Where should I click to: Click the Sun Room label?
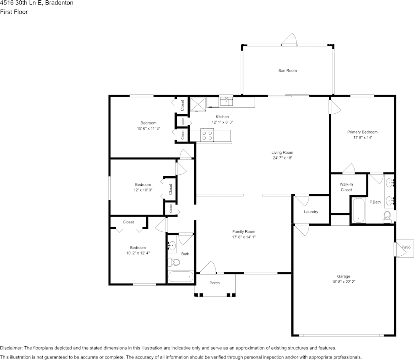[287, 71]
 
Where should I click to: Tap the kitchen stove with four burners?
[207, 135]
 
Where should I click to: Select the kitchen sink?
[227, 101]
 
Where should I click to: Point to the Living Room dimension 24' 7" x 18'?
[282, 158]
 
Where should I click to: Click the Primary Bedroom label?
[362, 132]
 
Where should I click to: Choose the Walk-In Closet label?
[346, 187]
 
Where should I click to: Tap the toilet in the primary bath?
[387, 217]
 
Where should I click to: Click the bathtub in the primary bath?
[359, 210]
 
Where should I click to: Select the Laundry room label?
[311, 212]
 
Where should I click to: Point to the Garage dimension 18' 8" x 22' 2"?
[344, 282]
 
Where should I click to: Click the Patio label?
[406, 247]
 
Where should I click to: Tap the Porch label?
[214, 283]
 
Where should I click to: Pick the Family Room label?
[244, 231]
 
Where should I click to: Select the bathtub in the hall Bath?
[181, 277]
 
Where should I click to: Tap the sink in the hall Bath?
[172, 246]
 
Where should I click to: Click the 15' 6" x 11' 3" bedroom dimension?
[149, 129]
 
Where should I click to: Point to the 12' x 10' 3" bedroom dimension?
[143, 190]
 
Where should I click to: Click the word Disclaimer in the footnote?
[11, 348]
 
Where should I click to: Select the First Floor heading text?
[14, 12]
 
